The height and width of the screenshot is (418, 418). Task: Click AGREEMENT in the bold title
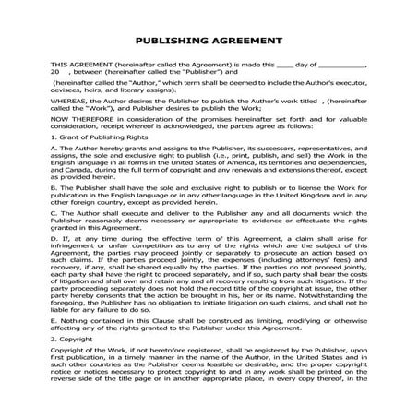point(247,42)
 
